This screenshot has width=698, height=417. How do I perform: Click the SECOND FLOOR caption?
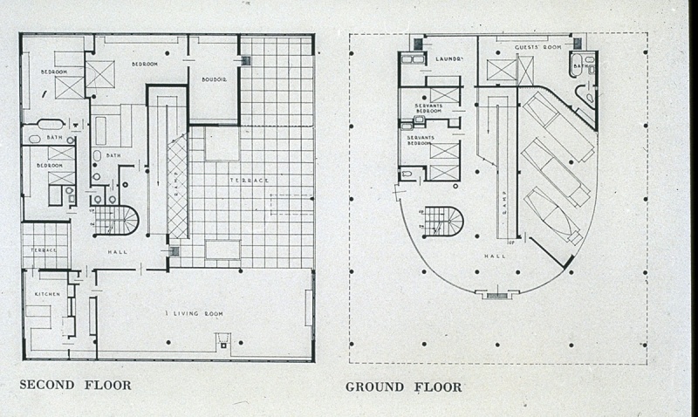[75, 384]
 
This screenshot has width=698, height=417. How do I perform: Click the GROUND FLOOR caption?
[403, 386]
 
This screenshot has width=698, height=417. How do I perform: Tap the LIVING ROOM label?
[195, 312]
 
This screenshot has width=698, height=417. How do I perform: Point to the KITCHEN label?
[46, 295]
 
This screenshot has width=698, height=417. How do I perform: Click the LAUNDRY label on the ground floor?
[448, 59]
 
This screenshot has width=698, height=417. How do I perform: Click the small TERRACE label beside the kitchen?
[44, 250]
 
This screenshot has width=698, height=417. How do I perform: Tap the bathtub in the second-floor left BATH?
[50, 124]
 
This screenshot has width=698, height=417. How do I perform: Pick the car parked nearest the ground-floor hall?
[550, 215]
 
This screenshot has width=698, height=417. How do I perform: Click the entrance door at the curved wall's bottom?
[496, 295]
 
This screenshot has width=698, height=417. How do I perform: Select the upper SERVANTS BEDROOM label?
[428, 108]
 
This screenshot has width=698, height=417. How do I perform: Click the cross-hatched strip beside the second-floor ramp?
[176, 186]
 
